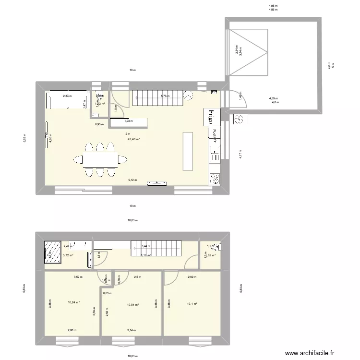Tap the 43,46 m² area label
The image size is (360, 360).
pyautogui.click(x=133, y=139)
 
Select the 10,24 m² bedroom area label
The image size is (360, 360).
pyautogui.click(x=73, y=302)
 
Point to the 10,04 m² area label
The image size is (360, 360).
pyautogui.click(x=132, y=305)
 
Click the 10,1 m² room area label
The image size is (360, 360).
pyautogui.click(x=192, y=303)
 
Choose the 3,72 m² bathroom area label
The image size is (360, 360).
pyautogui.click(x=68, y=255)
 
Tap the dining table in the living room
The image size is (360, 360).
pyautogui.click(x=99, y=158)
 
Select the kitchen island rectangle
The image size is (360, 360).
pyautogui.click(x=187, y=151)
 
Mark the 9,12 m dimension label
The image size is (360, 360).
pyautogui.click(x=132, y=180)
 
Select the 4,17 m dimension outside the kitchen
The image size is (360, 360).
pyautogui.click(x=240, y=154)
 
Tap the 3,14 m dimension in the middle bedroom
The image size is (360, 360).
pyautogui.click(x=132, y=330)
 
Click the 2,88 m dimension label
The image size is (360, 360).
pyautogui.click(x=72, y=330)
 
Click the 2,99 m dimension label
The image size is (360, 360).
pyautogui.click(x=192, y=277)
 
